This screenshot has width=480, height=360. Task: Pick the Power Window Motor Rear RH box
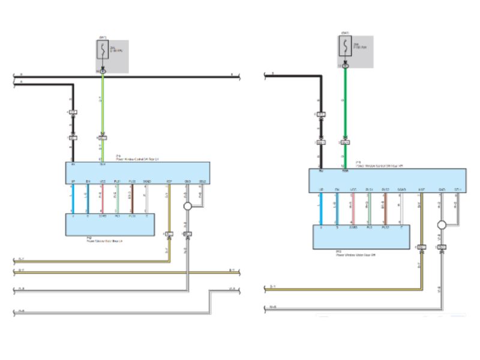[360, 236]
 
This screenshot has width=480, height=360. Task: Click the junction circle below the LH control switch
[187, 206]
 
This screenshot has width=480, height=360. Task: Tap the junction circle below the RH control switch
[442, 226]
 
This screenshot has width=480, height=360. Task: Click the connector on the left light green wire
[103, 137]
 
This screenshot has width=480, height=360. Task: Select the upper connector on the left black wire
[73, 112]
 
